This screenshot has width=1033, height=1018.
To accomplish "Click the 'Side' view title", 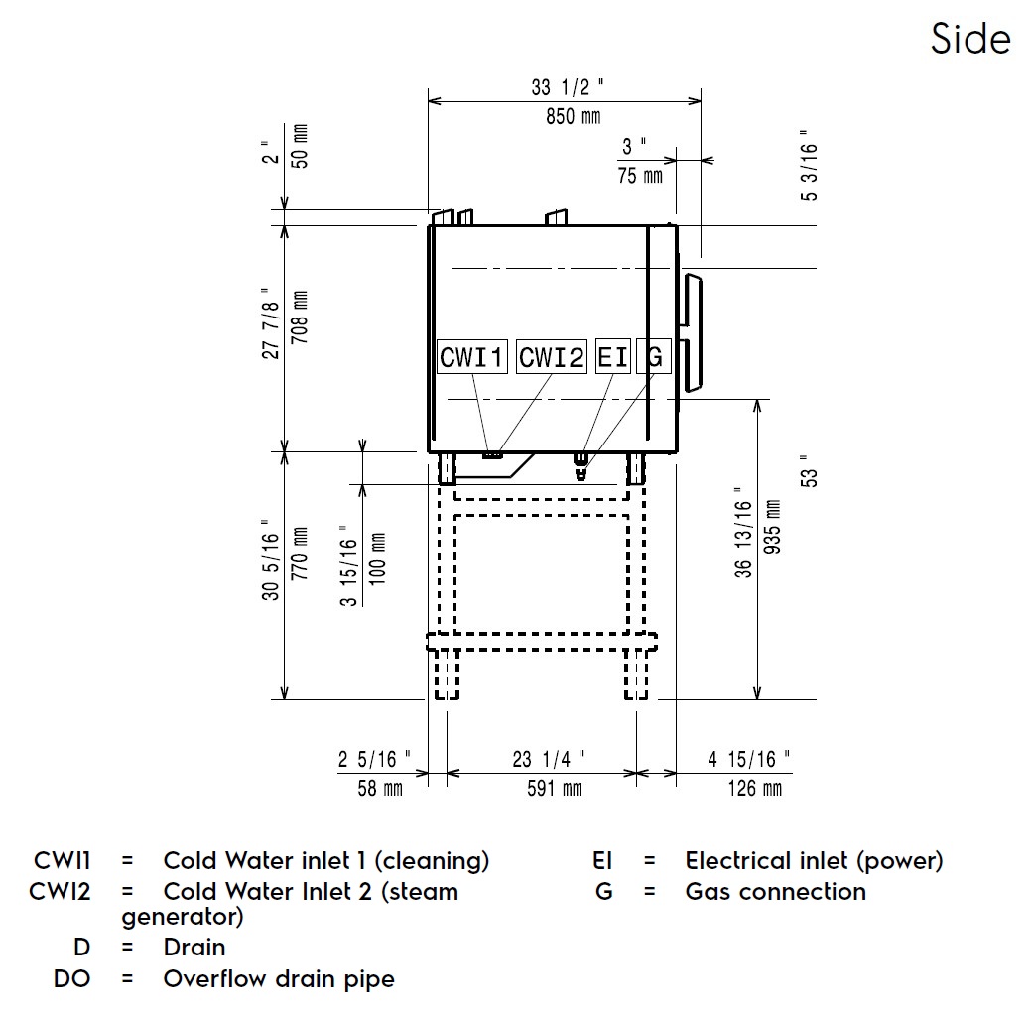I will pos(969,39).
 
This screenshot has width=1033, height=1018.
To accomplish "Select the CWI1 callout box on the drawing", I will pos(472,357).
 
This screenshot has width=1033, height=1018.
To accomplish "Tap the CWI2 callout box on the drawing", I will pos(552,357).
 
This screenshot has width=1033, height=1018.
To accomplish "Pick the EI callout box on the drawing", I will pos(612,357).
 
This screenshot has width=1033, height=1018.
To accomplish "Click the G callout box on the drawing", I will pos(653,357).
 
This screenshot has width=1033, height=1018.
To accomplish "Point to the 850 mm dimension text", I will pos(573,117).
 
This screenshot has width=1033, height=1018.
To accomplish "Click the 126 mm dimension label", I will pos(748,789).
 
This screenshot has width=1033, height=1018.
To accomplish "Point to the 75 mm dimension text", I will pos(640,176).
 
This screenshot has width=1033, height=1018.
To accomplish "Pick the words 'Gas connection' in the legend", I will pos(775,891).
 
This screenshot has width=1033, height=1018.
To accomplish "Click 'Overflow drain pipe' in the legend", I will pos(278,979).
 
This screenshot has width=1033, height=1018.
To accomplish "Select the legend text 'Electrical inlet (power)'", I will pos(814,860).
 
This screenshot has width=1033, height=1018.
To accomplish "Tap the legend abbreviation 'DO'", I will pos(70,979).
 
